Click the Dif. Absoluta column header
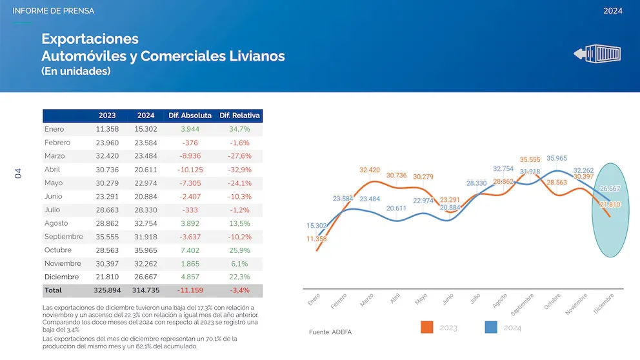[190, 115]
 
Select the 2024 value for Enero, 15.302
[146, 129]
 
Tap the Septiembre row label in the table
[64, 237]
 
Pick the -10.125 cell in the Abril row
[190, 170]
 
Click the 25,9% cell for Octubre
[239, 250]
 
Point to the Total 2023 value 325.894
[107, 290]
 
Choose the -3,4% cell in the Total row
[239, 290]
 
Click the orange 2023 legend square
[426, 327]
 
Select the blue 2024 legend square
[491, 327]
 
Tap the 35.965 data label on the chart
[557, 158]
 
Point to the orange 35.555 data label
[530, 159]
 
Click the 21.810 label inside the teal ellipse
[610, 205]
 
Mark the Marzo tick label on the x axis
[367, 300]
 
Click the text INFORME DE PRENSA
[54, 11]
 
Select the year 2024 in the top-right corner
[612, 11]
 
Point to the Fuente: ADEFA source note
[331, 332]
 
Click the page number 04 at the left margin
[18, 173]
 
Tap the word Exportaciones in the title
[90, 39]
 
